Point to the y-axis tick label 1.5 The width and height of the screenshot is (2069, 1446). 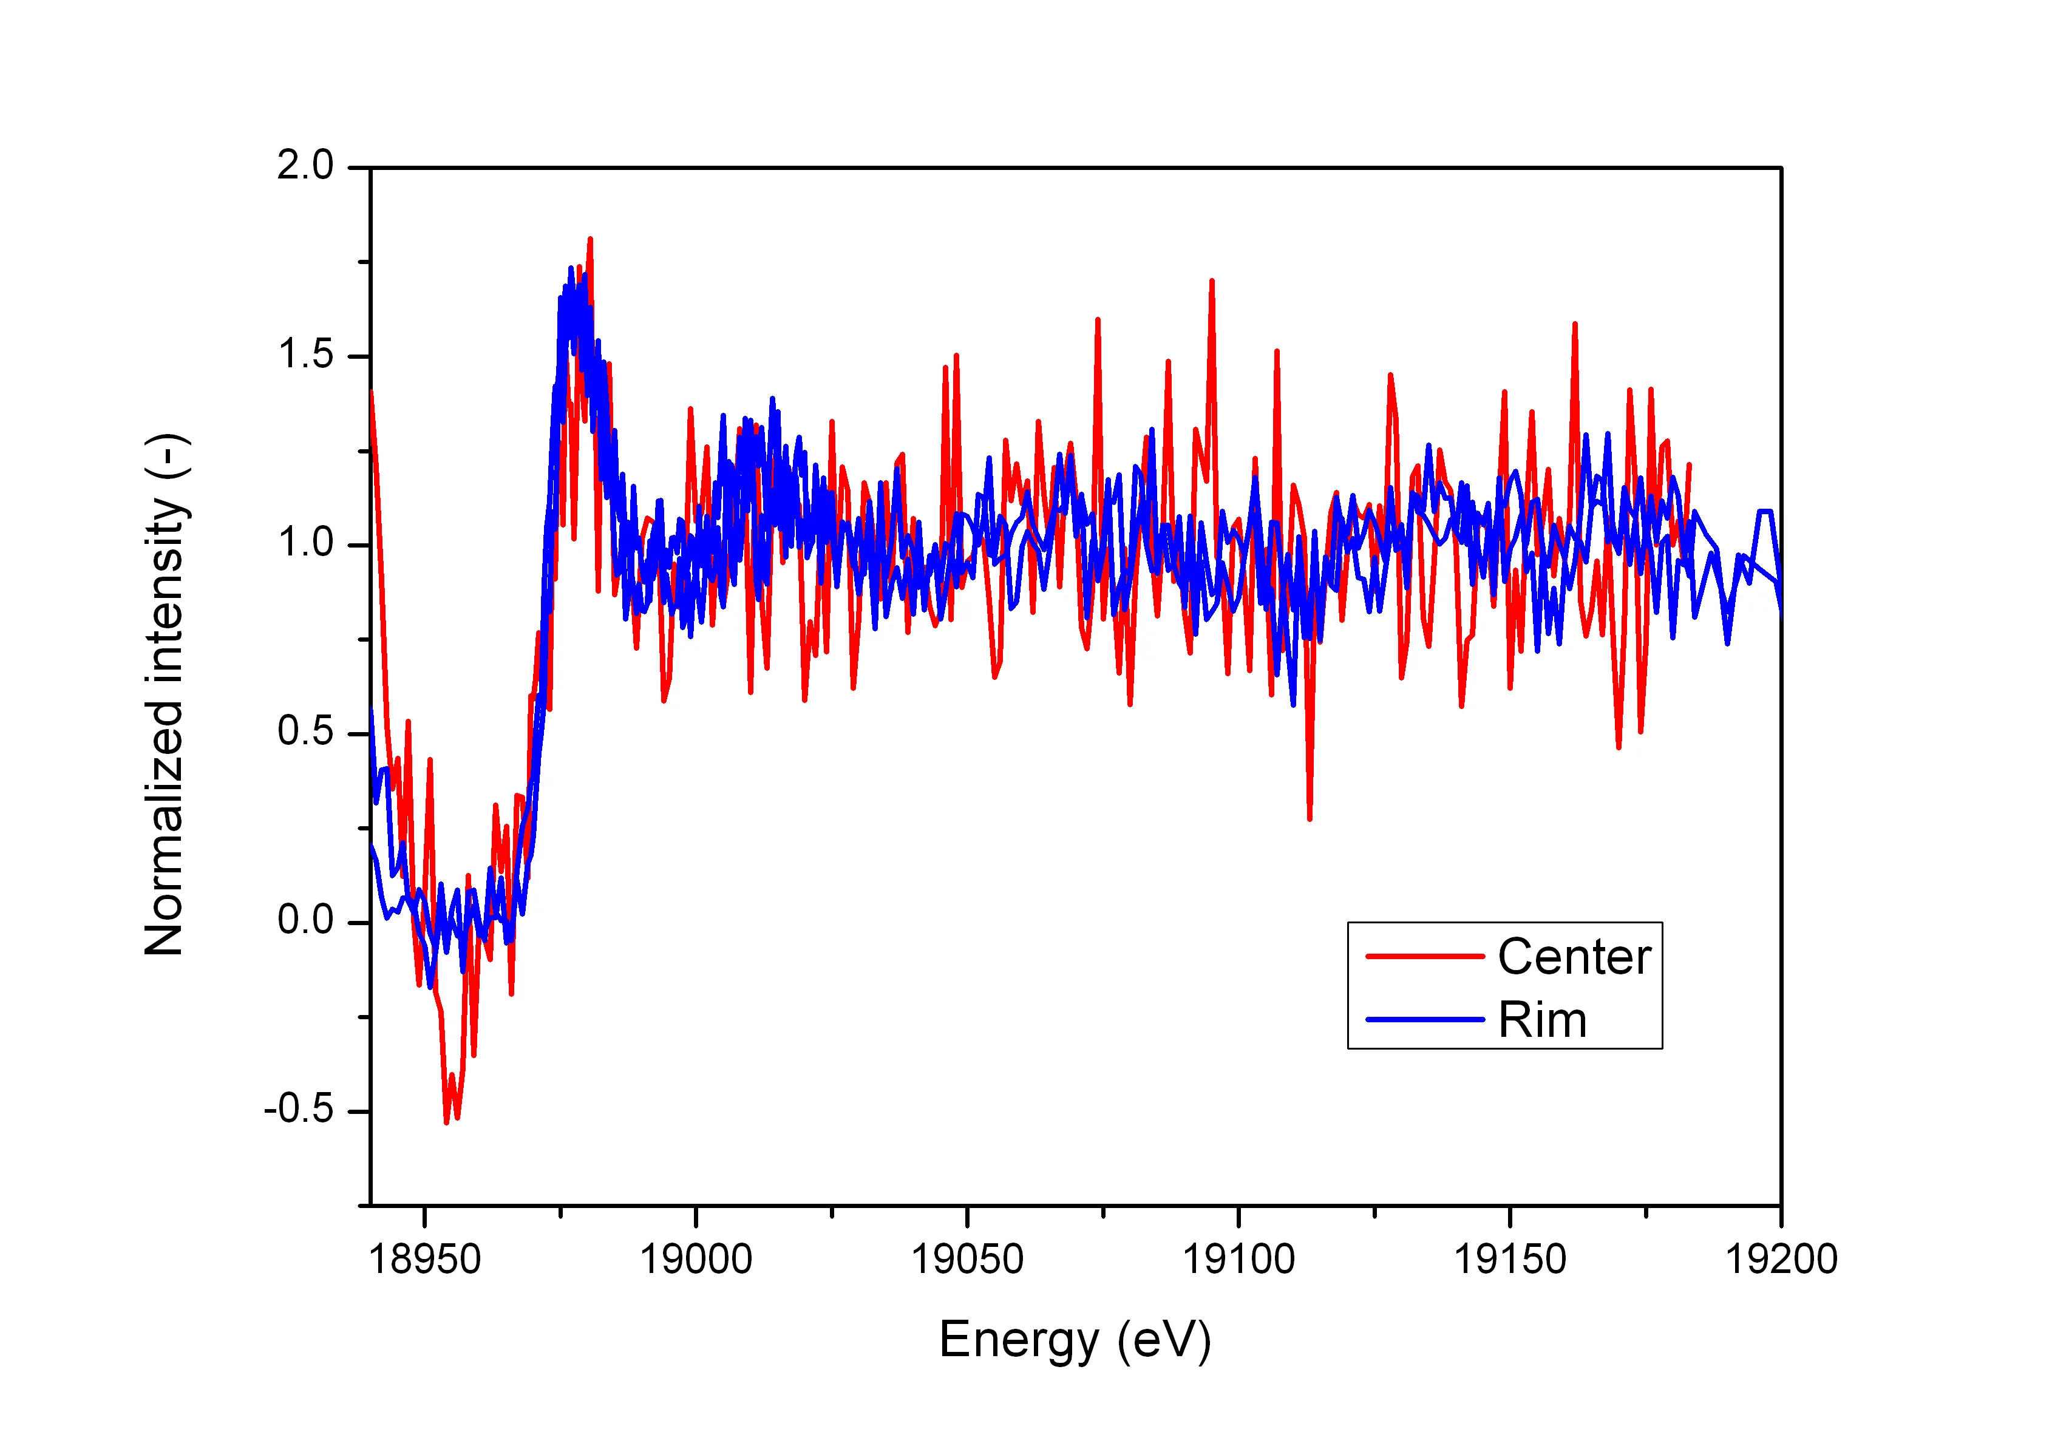coord(305,355)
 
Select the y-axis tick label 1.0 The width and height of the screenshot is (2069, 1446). coord(305,543)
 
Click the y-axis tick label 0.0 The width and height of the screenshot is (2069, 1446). coord(305,921)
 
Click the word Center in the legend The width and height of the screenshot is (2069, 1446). coord(1574,957)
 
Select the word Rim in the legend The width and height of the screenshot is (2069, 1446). coord(1542,1020)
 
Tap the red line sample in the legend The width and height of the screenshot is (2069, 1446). coord(1425,957)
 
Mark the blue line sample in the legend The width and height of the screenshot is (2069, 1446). coord(1425,1020)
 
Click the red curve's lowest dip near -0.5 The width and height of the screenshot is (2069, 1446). coord(446,1122)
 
